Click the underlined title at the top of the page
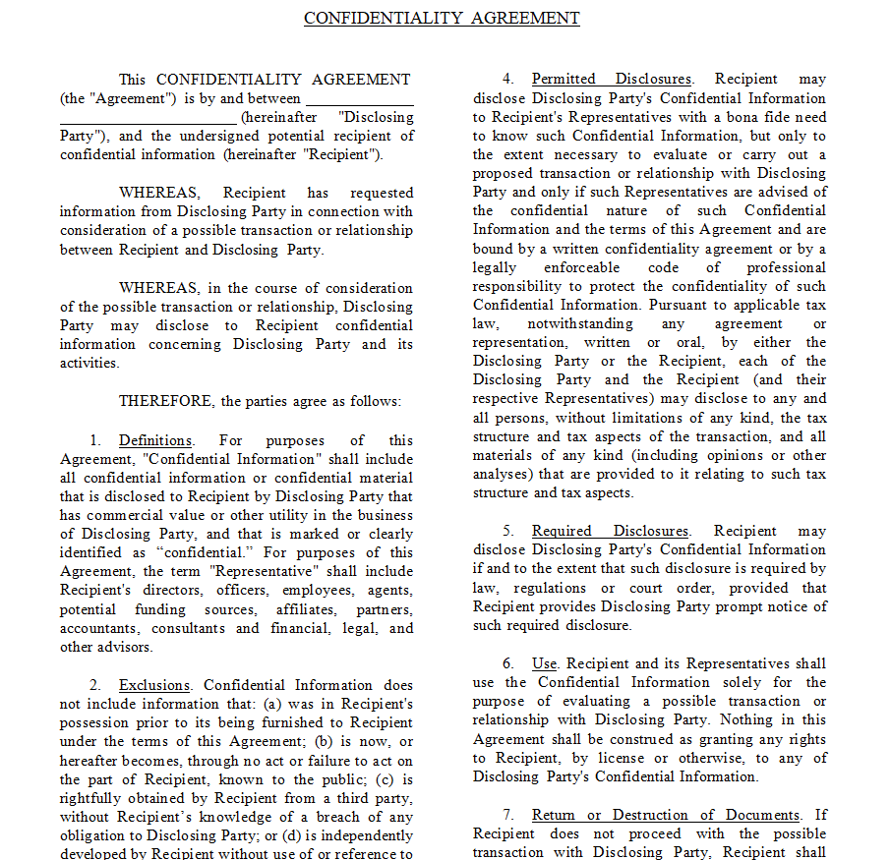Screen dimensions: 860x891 point(442,19)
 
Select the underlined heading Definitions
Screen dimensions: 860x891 point(155,440)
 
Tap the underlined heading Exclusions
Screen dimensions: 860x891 point(154,685)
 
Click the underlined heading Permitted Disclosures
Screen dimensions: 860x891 point(611,79)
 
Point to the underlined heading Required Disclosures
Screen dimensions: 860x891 point(610,531)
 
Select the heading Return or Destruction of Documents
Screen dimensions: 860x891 point(666,815)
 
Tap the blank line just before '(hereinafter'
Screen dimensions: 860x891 point(148,118)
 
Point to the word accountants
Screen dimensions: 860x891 point(99,628)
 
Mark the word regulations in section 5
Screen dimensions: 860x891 point(541,588)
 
